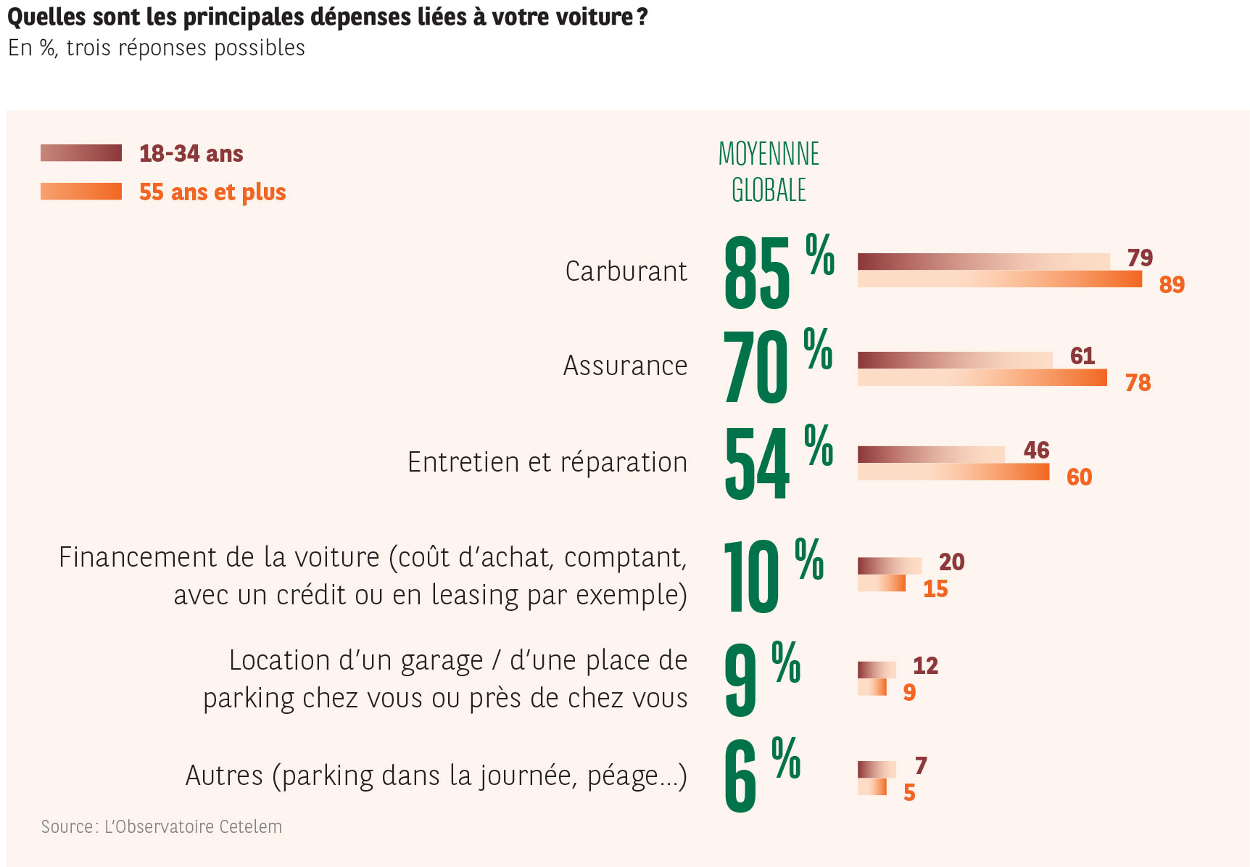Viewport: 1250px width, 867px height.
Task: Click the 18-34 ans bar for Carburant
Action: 983,262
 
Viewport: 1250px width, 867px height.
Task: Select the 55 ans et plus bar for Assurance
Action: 982,377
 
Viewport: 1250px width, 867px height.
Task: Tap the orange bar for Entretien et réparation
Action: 953,472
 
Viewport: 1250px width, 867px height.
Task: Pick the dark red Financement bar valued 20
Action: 889,566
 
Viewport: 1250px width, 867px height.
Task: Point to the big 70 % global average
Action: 776,365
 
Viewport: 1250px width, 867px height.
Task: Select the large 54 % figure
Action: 777,462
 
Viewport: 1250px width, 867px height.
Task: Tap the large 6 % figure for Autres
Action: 761,774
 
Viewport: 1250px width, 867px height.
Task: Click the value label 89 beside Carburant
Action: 1171,284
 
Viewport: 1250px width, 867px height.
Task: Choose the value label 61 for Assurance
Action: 1082,356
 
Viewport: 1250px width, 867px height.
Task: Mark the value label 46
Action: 1036,451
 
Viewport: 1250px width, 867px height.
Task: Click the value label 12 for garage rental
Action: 925,666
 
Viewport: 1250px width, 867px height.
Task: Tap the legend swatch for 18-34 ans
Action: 81,153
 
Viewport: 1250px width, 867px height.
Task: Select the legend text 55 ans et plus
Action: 212,192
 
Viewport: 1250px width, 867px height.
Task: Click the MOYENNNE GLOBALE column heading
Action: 769,172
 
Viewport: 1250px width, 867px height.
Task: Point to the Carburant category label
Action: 626,271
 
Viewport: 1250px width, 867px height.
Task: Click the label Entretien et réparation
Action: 547,462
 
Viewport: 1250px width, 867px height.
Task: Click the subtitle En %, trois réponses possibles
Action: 157,48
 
